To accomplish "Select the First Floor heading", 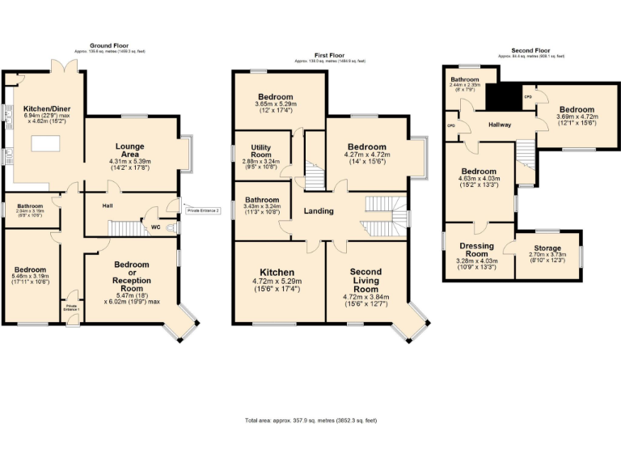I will [329, 56].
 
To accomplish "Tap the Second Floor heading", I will [530, 52].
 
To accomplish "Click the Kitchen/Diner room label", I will [46, 108].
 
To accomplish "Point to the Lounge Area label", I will [129, 150].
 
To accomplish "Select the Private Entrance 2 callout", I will [204, 210].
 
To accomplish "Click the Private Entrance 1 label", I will [72, 309].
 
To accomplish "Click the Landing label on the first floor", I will [319, 211].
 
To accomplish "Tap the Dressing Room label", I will [476, 249].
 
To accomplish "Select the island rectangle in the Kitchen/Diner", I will [44, 146].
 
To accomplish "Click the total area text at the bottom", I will [310, 421].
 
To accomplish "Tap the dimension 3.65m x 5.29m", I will [277, 105].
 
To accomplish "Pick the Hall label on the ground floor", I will [108, 206].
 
